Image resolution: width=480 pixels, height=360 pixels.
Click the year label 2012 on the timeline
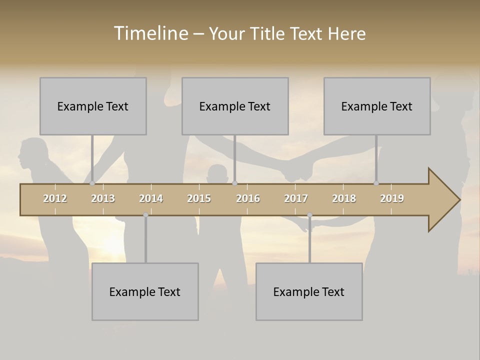(x=55, y=198)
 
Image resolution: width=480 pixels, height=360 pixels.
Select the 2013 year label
(x=103, y=198)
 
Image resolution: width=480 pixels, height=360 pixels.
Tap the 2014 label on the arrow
(x=151, y=198)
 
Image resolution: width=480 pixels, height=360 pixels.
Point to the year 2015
(x=199, y=198)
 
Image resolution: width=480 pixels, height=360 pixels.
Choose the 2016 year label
(x=248, y=198)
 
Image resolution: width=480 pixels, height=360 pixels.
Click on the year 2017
(x=296, y=198)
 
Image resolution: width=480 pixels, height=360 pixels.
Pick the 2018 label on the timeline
(x=344, y=198)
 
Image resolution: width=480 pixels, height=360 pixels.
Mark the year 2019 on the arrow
(x=392, y=198)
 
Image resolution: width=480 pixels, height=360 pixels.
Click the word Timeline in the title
(x=150, y=33)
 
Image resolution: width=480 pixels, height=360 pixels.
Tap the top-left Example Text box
(x=93, y=106)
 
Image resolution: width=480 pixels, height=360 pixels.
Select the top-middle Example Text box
(x=235, y=106)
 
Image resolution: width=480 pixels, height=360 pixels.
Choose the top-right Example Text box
(x=377, y=106)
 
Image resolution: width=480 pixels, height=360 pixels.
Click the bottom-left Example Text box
(x=145, y=291)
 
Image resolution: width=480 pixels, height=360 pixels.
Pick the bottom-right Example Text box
(x=309, y=291)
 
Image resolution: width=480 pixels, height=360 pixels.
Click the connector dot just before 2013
(x=92, y=183)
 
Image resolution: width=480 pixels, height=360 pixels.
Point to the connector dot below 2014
(x=145, y=215)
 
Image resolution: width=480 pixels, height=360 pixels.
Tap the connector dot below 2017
(x=309, y=215)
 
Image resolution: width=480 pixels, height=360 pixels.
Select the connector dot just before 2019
(x=376, y=183)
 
